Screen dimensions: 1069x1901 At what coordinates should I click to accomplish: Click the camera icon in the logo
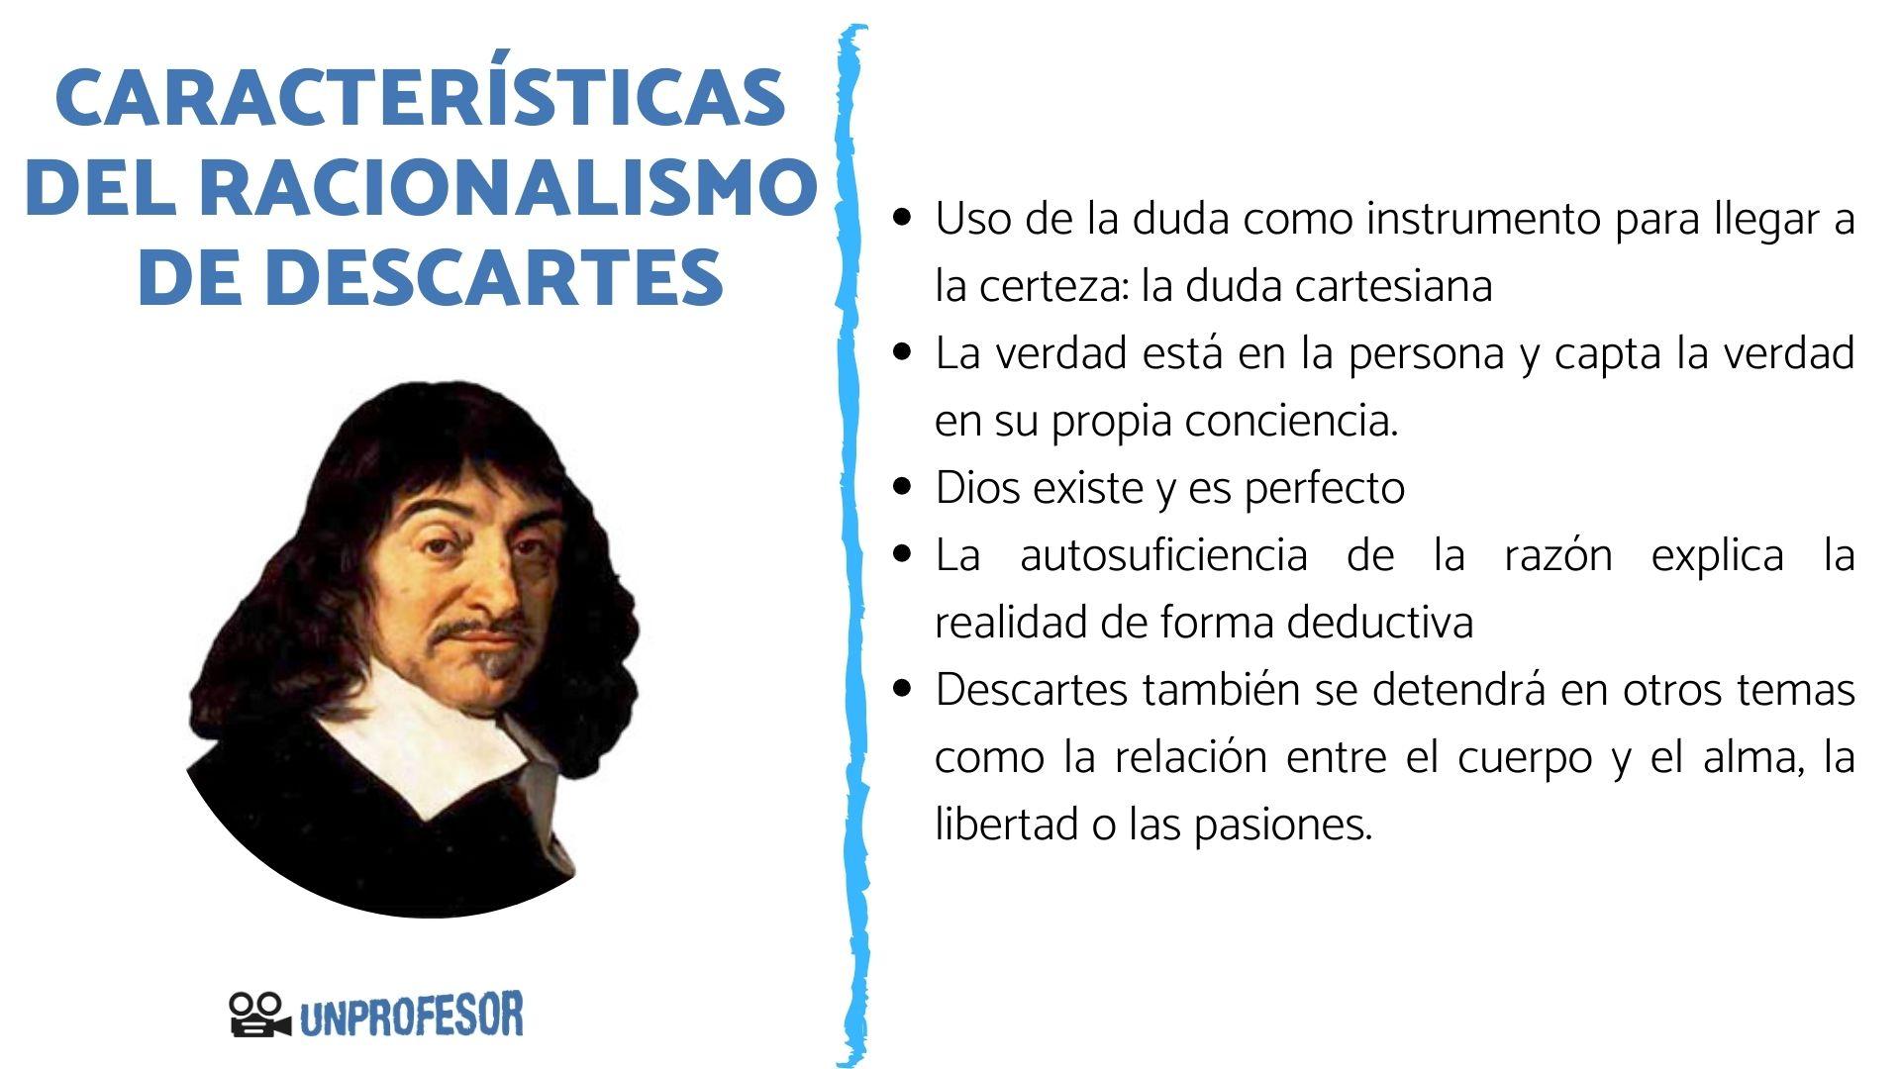(x=258, y=1015)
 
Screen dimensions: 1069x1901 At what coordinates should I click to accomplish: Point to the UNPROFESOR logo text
(x=411, y=1017)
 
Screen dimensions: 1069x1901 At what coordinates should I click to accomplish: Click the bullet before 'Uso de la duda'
(x=901, y=217)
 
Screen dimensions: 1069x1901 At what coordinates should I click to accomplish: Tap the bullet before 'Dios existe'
(x=901, y=487)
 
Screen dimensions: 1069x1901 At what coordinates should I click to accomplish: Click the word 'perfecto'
(x=1324, y=488)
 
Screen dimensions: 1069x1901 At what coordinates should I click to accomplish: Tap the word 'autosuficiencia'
(x=1163, y=554)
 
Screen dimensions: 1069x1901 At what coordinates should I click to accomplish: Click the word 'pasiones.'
(x=1283, y=825)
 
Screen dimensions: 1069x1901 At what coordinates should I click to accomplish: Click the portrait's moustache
(x=475, y=631)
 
